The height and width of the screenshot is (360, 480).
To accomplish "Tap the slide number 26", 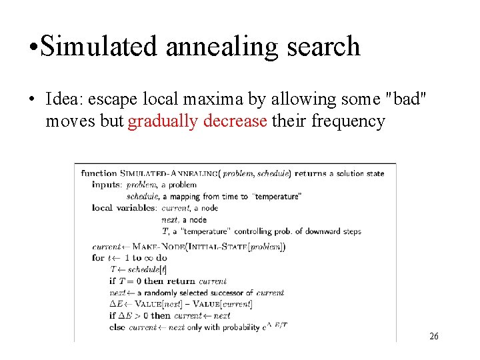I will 433,336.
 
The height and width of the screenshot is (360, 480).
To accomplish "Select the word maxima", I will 213,99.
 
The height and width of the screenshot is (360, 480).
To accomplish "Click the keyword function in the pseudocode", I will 99,173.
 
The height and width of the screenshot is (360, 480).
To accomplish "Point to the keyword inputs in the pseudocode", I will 107,185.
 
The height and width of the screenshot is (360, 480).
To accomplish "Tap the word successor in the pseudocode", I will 227,293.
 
